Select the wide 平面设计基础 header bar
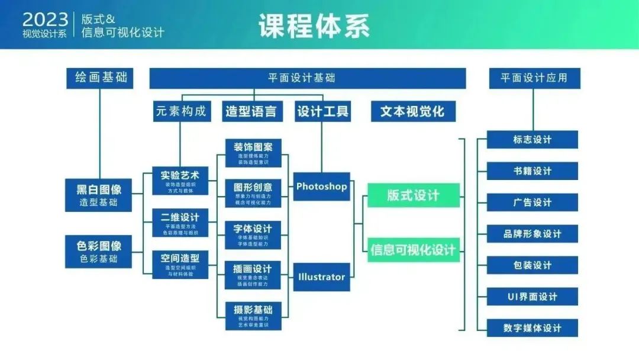tap(307, 78)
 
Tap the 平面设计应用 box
tap(534, 78)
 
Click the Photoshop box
tap(321, 187)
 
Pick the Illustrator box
tap(321, 277)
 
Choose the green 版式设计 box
tap(414, 195)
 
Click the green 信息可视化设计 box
tap(414, 250)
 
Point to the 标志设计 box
tap(532, 140)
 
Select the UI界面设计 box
tap(532, 297)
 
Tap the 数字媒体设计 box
tap(532, 328)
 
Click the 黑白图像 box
tap(99, 195)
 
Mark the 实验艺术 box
tap(180, 181)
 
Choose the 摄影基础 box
tap(253, 315)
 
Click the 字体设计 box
tap(253, 234)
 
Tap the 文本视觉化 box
tap(412, 111)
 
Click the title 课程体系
tap(314, 26)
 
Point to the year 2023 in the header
tap(45, 20)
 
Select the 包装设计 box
tap(532, 265)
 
